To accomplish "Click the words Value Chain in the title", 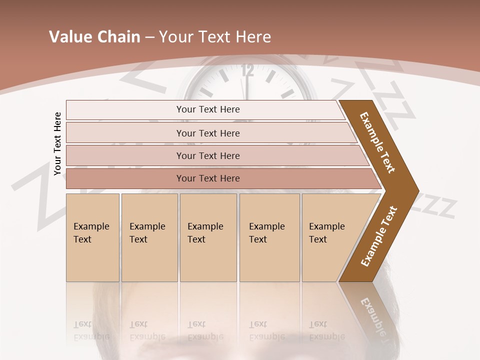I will coord(94,37).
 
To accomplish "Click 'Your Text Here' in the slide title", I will coord(215,37).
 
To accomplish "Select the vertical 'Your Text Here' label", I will coord(57,143).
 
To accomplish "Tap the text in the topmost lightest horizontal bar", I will coord(208,109).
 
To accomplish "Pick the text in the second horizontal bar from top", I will coord(208,133).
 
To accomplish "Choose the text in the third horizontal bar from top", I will coord(208,156).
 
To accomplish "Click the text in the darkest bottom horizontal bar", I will coord(208,178).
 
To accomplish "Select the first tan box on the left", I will coord(92,237).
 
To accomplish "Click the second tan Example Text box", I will coord(149,237).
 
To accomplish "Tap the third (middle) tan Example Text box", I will coord(208,237).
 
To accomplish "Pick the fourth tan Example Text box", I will coord(269,237).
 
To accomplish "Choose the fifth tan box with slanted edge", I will coord(330,237).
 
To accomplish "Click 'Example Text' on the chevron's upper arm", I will coord(377,142).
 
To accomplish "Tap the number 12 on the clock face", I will coord(247,70).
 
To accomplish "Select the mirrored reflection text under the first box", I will coord(91,330).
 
